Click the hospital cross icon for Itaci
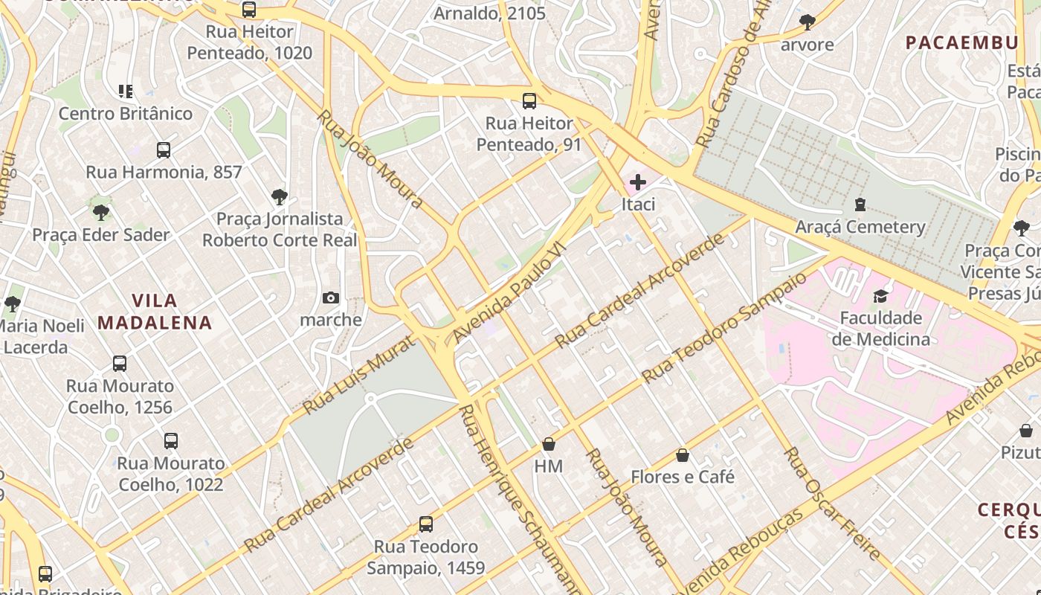tap(637, 182)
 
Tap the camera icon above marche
tap(331, 298)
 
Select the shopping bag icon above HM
tap(549, 444)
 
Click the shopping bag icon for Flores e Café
tap(683, 455)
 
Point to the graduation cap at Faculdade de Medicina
tap(880, 297)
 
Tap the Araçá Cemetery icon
tap(860, 205)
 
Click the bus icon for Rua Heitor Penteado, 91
tap(529, 101)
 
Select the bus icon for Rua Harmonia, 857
tap(164, 150)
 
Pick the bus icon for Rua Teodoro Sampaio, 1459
tap(426, 524)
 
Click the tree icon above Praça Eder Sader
tap(101, 213)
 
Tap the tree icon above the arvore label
tap(808, 22)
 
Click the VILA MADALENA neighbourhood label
tap(155, 312)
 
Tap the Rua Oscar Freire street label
tap(833, 504)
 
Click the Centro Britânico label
tap(126, 114)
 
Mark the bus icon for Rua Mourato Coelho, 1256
tap(120, 364)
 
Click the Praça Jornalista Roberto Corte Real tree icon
tap(280, 197)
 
